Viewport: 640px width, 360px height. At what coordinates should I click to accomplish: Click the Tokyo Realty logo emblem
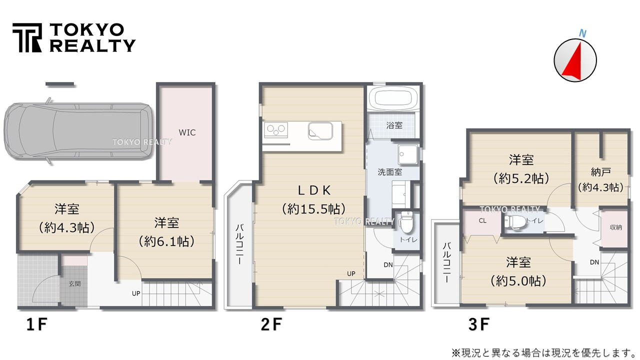[x=27, y=37]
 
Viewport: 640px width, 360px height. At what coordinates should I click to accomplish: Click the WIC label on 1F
[x=187, y=132]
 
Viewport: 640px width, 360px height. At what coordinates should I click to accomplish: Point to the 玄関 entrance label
[x=74, y=283]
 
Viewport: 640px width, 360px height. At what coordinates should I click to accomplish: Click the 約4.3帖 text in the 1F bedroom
[x=66, y=227]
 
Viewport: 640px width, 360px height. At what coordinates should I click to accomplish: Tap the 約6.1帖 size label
[x=166, y=241]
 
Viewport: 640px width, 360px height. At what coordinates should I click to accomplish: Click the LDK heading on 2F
[x=314, y=190]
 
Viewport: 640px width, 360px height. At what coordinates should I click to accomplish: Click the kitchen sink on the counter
[x=320, y=131]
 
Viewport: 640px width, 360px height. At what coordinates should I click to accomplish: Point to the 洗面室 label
[x=389, y=172]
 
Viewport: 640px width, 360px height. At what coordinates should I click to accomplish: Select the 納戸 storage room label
[x=601, y=172]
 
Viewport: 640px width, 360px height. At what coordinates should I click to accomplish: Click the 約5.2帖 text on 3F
[x=521, y=178]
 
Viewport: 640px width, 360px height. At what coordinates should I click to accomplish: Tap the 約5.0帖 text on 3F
[x=518, y=281]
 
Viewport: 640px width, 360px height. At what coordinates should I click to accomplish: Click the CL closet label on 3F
[x=482, y=221]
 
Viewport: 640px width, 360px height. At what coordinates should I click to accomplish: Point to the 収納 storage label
[x=615, y=227]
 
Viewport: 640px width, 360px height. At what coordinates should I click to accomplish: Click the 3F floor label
[x=479, y=324]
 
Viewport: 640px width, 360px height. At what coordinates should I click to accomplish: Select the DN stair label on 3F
[x=594, y=262]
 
